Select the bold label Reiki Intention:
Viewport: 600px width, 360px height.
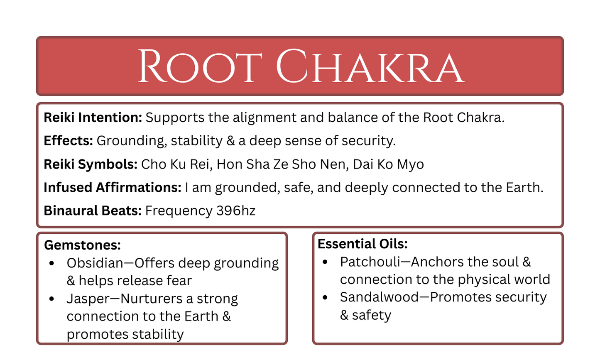[93, 118]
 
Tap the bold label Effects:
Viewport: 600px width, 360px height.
[68, 141]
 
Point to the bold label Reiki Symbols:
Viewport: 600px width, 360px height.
[91, 164]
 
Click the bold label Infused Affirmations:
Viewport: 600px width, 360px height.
[113, 188]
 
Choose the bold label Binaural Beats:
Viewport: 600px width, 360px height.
[93, 211]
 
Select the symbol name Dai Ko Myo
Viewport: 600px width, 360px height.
[388, 164]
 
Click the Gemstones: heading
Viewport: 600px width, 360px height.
[82, 245]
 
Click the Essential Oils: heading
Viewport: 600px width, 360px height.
[362, 244]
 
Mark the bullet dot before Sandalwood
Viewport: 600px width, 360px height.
[325, 297]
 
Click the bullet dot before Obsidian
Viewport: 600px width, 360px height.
[51, 263]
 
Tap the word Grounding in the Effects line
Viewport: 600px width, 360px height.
[131, 141]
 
